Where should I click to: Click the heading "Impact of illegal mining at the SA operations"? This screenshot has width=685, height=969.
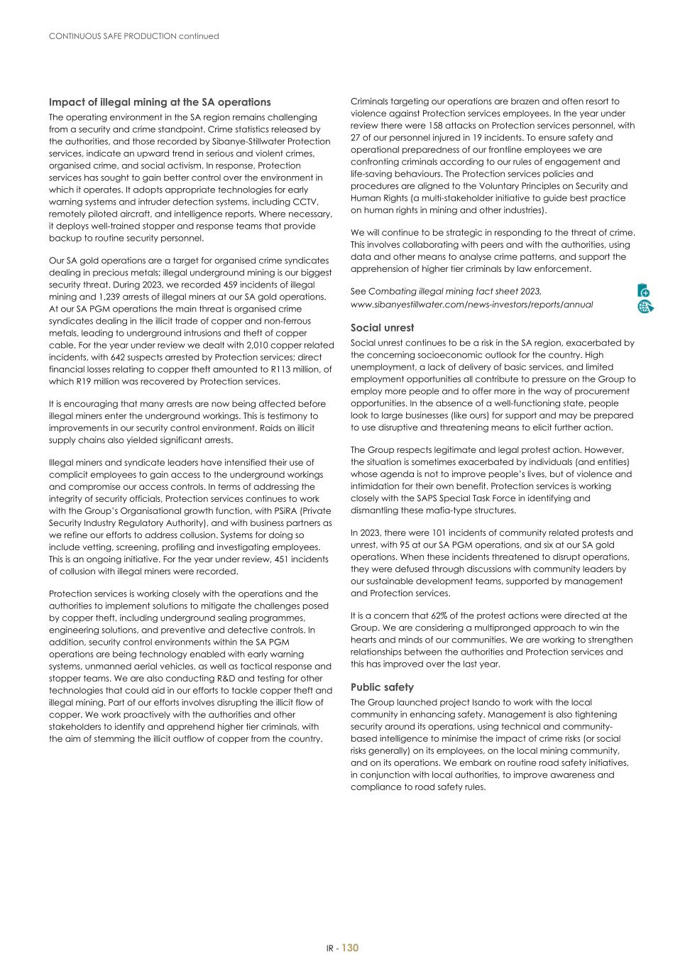160,102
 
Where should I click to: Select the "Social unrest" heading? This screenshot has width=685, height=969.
383,328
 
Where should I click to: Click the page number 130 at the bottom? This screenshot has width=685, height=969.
351,948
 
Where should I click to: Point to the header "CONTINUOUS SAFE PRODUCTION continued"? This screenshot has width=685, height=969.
133,35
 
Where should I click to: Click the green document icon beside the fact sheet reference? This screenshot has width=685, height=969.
644,290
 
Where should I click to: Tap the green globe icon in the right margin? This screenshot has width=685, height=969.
645,306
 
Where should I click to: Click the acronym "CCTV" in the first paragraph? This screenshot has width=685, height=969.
305,202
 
